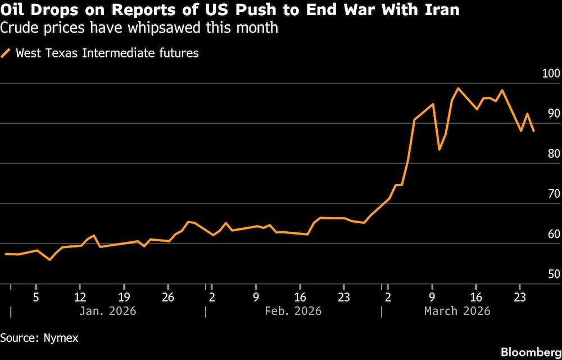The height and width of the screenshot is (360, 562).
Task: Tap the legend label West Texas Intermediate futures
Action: click(x=107, y=54)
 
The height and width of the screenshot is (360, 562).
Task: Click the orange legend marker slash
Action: click(x=7, y=54)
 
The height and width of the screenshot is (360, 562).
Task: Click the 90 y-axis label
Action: click(x=554, y=114)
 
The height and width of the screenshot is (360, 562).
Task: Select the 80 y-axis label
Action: click(x=554, y=154)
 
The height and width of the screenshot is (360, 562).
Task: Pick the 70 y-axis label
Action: click(x=554, y=194)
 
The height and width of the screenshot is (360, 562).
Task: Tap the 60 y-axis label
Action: click(x=554, y=234)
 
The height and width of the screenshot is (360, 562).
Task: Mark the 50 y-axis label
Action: click(x=554, y=274)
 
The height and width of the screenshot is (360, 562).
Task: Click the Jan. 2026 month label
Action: click(x=108, y=311)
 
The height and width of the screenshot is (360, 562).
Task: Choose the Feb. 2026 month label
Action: click(x=294, y=311)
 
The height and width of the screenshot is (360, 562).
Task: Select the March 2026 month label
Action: click(x=457, y=311)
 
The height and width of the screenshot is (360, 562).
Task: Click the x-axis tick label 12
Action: click(x=80, y=296)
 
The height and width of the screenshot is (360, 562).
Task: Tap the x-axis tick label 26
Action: click(x=168, y=296)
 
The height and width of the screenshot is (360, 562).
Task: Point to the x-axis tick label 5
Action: click(x=36, y=296)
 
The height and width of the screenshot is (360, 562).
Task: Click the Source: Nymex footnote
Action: click(x=39, y=338)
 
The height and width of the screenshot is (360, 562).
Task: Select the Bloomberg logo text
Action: click(x=530, y=352)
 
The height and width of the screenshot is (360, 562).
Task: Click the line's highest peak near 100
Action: click(x=458, y=88)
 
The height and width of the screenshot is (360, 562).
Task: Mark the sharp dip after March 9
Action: click(x=439, y=149)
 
